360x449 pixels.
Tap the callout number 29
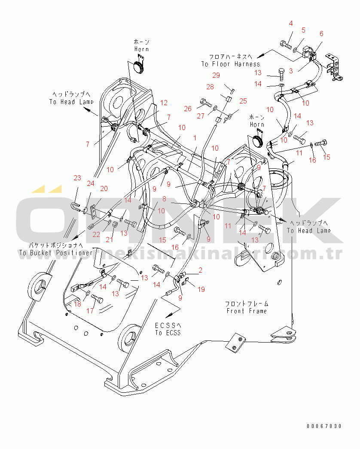228,75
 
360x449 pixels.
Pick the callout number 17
90,310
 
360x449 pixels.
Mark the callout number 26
188,109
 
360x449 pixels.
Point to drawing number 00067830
324,426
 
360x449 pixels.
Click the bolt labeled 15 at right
322,143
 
